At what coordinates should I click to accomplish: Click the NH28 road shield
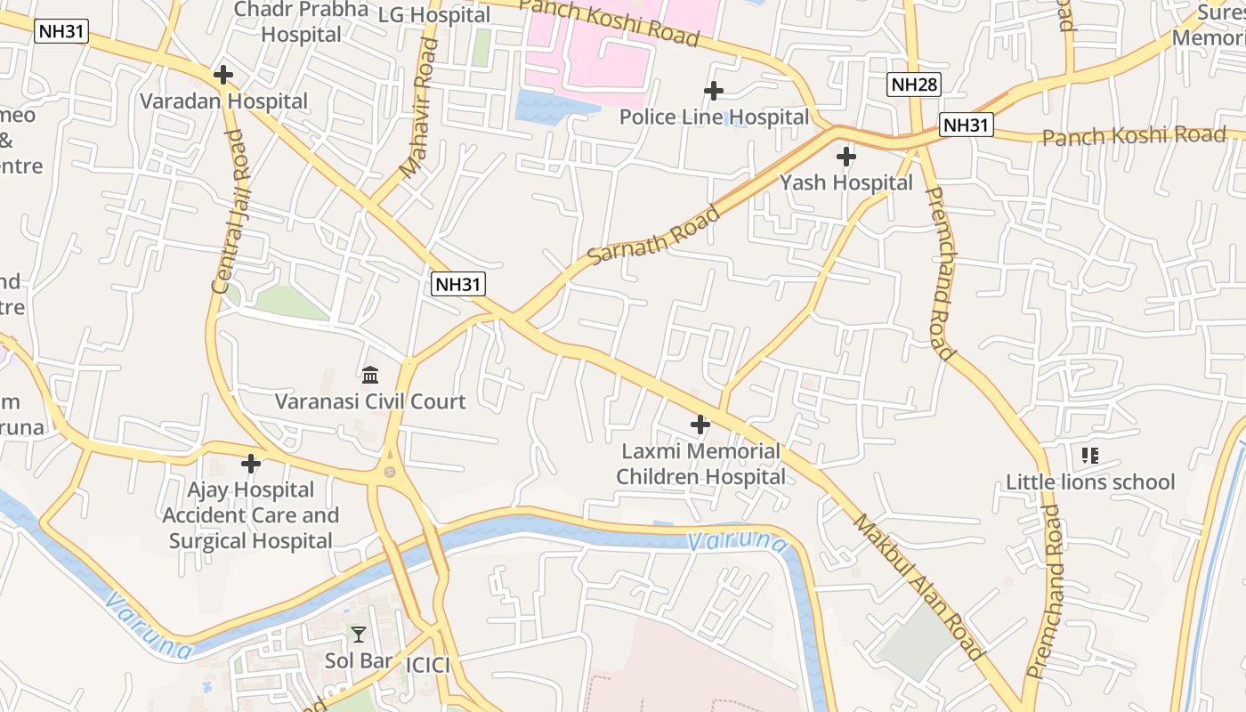click(x=914, y=85)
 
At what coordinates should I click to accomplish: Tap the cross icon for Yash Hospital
click(x=846, y=158)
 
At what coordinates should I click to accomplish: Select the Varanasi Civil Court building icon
click(x=370, y=376)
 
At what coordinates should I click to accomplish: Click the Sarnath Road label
click(x=655, y=236)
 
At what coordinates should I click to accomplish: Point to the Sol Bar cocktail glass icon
click(x=358, y=635)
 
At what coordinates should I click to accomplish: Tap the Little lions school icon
click(x=1090, y=457)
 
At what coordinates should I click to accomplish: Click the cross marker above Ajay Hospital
click(x=251, y=464)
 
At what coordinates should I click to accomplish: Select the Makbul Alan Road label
click(x=919, y=587)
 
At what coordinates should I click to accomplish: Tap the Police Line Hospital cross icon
click(x=713, y=91)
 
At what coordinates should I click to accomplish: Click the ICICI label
click(x=428, y=666)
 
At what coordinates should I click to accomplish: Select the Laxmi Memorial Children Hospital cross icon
click(x=700, y=425)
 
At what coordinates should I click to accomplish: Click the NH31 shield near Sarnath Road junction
click(x=457, y=285)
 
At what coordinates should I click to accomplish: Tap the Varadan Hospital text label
click(x=223, y=101)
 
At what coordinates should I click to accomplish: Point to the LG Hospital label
click(x=434, y=15)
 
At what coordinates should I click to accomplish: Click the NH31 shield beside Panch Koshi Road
click(x=967, y=125)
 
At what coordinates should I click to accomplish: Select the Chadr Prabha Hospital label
click(x=301, y=21)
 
